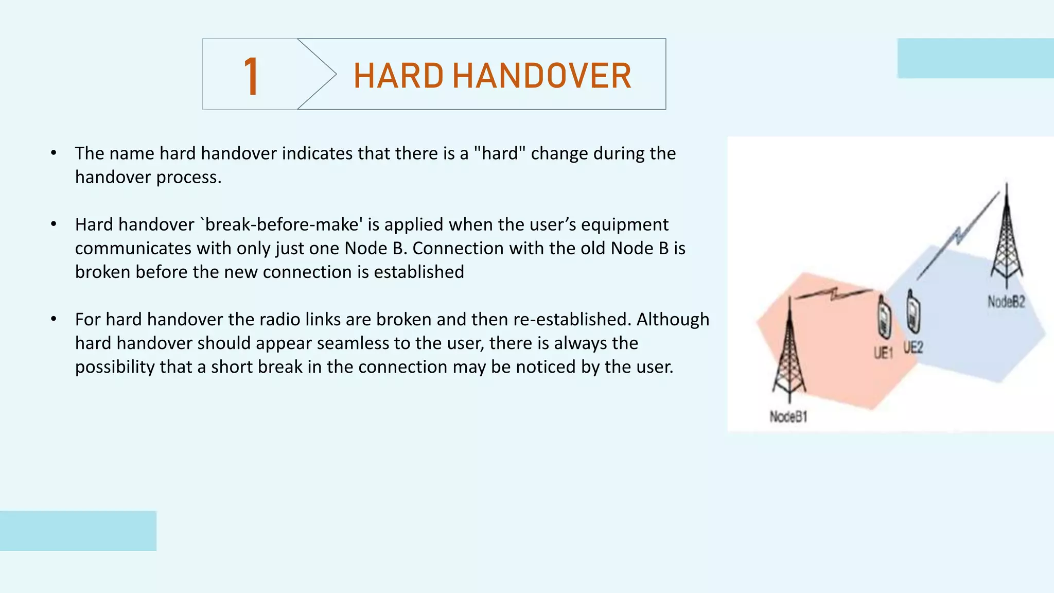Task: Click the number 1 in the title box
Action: [x=251, y=76]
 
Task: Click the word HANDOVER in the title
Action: [x=542, y=76]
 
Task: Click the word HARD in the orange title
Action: [x=398, y=76]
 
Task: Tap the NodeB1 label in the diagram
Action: [x=788, y=416]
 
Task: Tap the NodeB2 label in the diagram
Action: [x=1006, y=302]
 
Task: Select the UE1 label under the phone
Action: [x=883, y=353]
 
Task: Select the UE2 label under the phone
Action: [x=914, y=347]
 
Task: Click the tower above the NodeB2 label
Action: [x=1007, y=237]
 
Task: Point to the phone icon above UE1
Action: [x=884, y=317]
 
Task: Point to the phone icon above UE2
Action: [x=913, y=311]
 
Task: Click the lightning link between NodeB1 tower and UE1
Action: [x=834, y=295]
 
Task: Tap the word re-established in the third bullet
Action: [x=572, y=319]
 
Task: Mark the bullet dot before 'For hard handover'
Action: [x=54, y=319]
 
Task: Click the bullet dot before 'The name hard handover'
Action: [x=54, y=153]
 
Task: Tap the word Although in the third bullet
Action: [x=673, y=319]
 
